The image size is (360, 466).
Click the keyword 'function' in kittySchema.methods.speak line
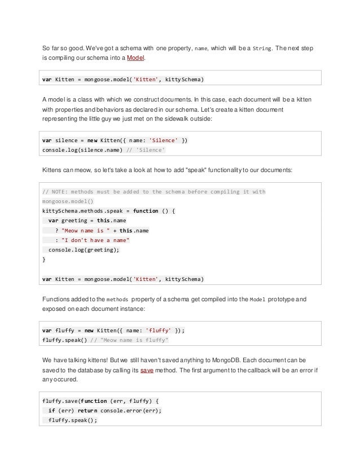click(142, 211)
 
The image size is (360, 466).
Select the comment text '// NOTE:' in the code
click(56, 191)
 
